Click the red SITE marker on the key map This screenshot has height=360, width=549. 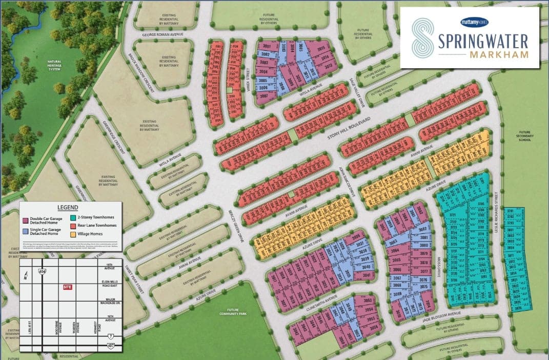[67, 287]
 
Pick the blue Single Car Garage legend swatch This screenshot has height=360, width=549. [26, 232]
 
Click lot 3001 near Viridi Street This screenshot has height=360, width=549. [266, 46]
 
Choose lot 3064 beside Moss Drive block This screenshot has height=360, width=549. [394, 251]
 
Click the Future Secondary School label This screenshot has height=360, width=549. [525, 135]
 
